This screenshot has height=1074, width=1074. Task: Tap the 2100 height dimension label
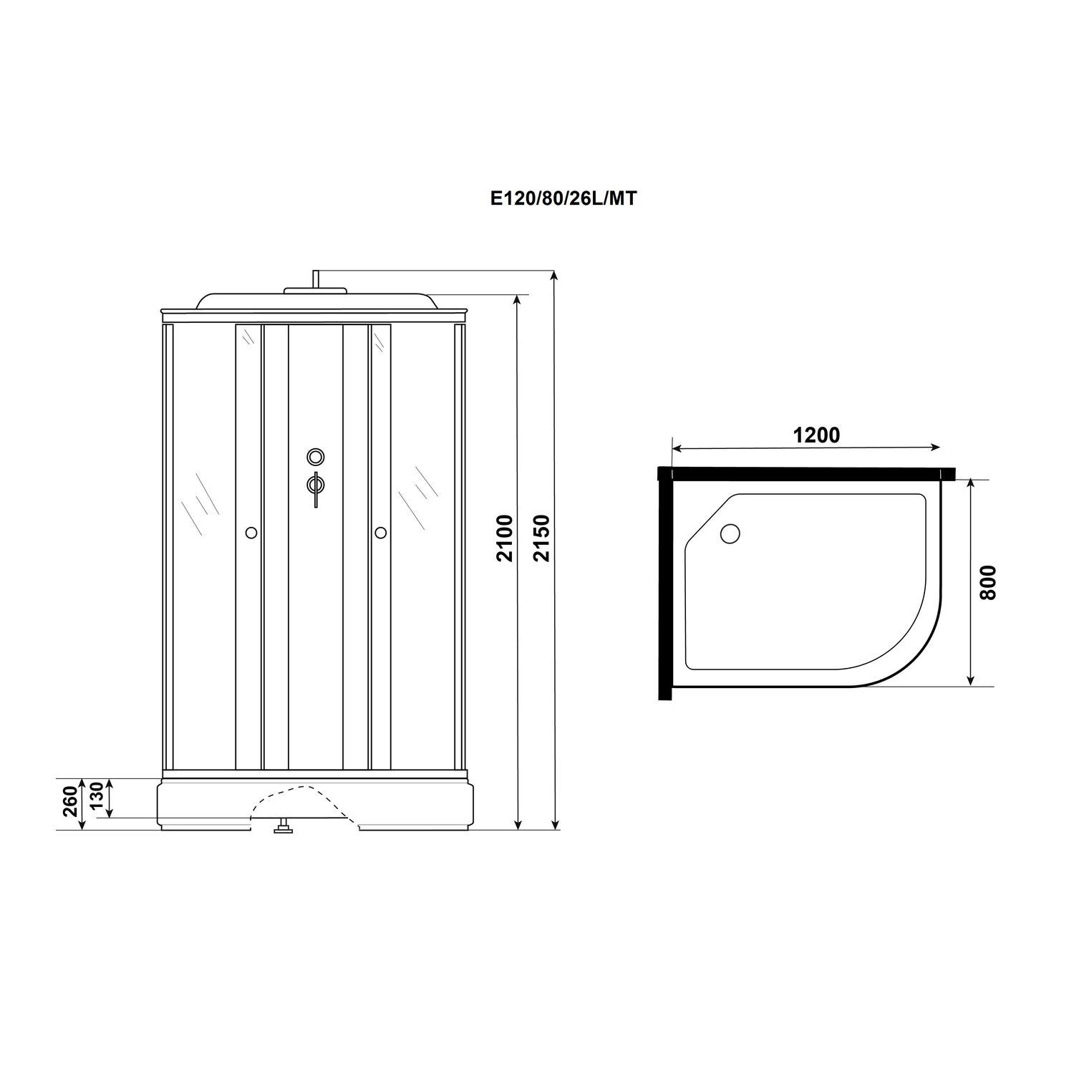[505, 538]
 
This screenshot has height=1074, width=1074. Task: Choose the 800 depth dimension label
[987, 582]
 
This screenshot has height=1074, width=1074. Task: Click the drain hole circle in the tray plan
[730, 533]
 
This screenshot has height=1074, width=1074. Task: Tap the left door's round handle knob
[251, 533]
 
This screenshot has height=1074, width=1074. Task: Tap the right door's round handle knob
[380, 532]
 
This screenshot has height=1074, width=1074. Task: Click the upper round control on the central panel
[315, 456]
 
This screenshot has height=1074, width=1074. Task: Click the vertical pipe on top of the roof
[314, 279]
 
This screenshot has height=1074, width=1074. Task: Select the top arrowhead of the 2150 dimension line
[554, 276]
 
